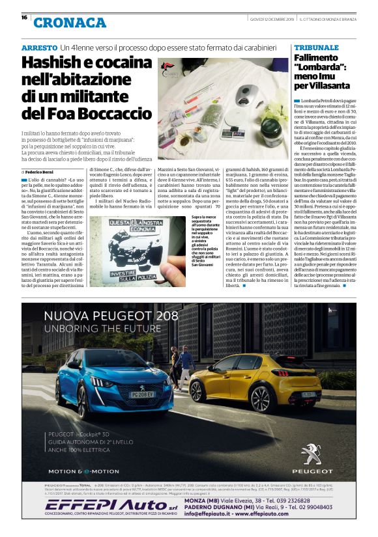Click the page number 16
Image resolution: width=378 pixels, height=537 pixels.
(24, 18)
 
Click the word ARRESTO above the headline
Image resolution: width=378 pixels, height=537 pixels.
(38, 49)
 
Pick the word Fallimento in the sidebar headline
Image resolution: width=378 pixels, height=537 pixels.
(317, 59)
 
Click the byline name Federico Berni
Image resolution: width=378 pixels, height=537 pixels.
(43, 171)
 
